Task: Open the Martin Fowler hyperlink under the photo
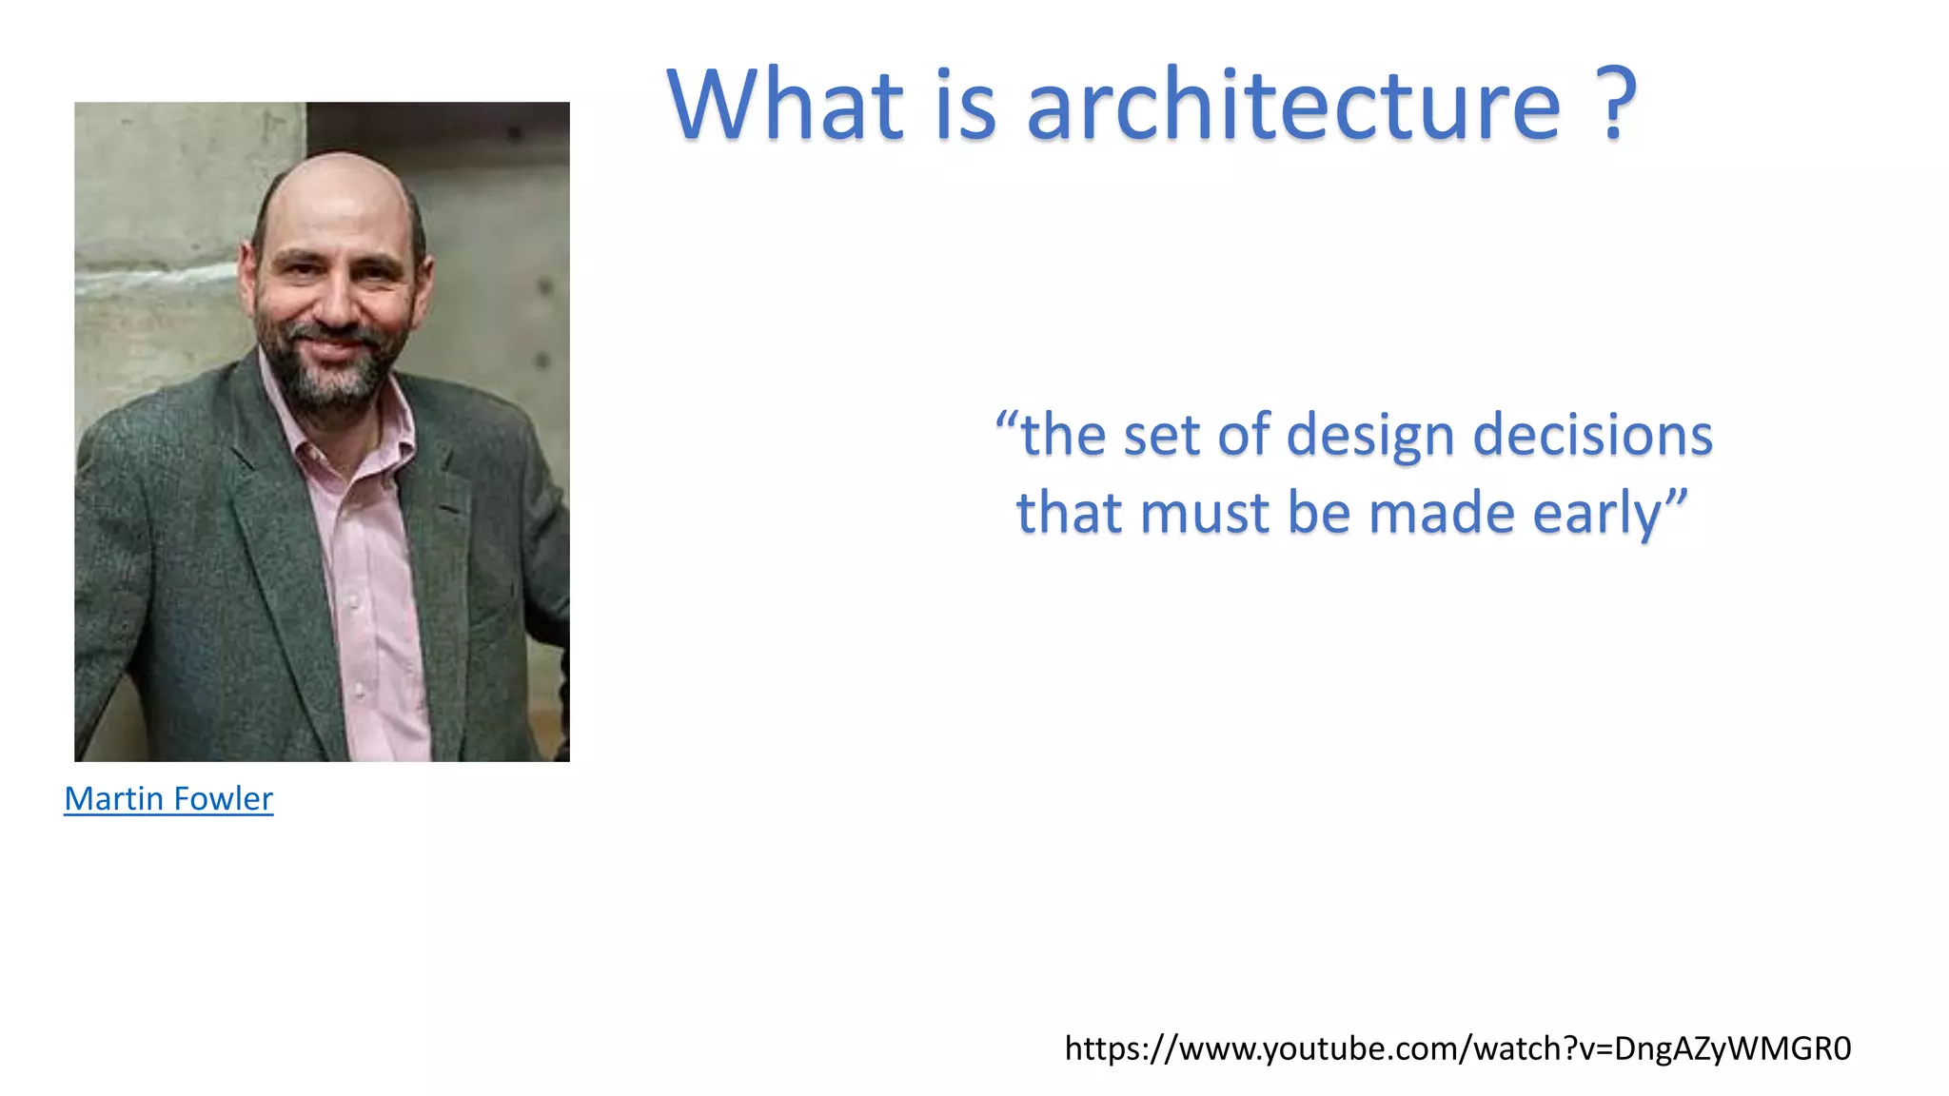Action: pos(168,798)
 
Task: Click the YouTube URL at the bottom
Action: pos(1457,1048)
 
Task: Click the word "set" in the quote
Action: pos(1161,436)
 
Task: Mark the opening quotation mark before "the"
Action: pos(1007,421)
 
